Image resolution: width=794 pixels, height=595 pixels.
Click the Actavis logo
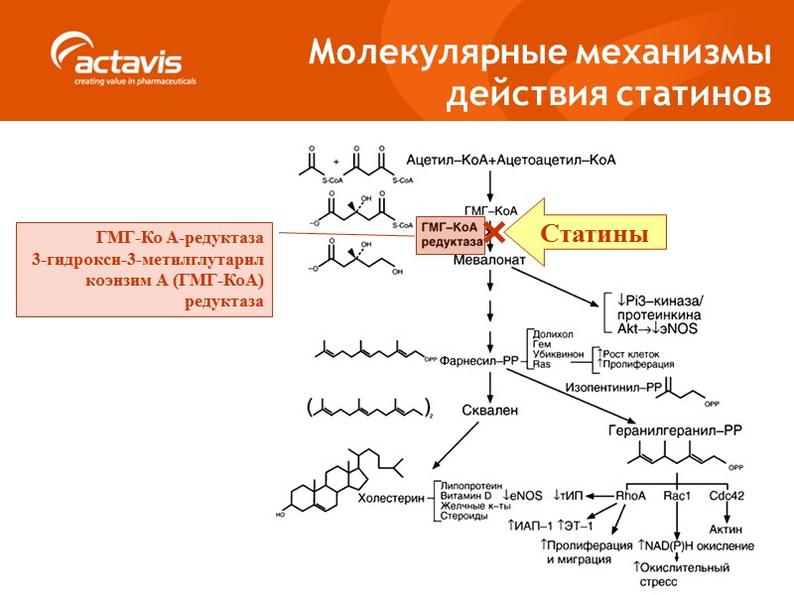[x=125, y=61]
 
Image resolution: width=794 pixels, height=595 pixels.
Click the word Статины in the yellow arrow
[x=594, y=234]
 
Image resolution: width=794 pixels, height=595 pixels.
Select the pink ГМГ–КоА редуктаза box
[x=451, y=234]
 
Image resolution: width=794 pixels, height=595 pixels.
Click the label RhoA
[x=631, y=495]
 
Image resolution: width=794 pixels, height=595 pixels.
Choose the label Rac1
[x=677, y=495]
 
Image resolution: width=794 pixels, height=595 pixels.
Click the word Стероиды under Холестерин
[x=463, y=517]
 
